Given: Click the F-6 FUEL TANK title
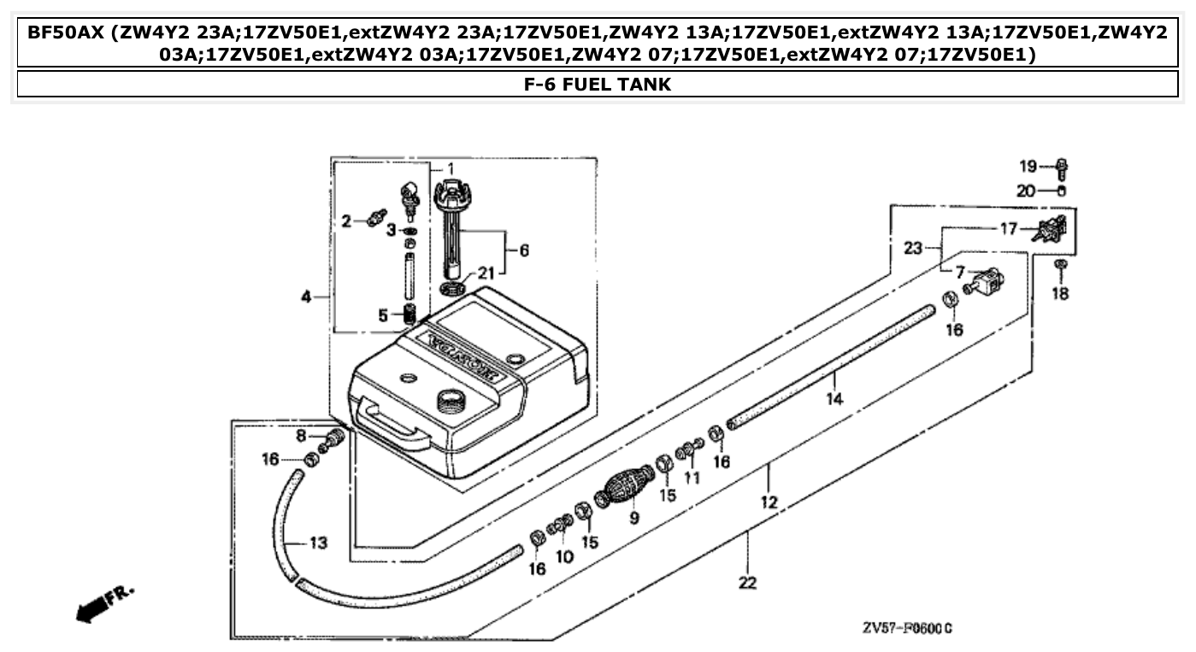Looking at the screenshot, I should tap(598, 85).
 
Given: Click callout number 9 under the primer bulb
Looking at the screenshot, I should tap(633, 518).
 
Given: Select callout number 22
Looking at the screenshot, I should tap(748, 583).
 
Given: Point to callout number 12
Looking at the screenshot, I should tap(769, 502).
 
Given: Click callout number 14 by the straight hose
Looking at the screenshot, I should tap(834, 398).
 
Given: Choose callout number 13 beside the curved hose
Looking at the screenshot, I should tap(318, 543).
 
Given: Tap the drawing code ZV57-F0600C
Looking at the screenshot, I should tap(907, 629).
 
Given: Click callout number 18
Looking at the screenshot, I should tap(1060, 294).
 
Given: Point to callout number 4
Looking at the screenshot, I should tap(306, 297).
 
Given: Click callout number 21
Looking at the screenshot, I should tap(486, 273).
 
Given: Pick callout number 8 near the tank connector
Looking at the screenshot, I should tap(301, 436).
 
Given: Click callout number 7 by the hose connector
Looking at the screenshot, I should tap(960, 272).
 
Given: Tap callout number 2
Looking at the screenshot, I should tap(347, 222).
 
